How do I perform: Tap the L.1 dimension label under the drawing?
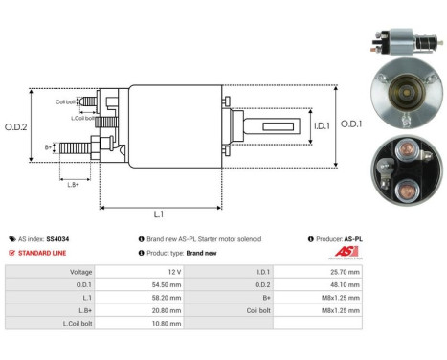158,214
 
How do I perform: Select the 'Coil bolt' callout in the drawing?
66,101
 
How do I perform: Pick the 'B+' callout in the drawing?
48,147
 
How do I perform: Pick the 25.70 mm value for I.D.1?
343,272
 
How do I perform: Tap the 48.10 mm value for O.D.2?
343,285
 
